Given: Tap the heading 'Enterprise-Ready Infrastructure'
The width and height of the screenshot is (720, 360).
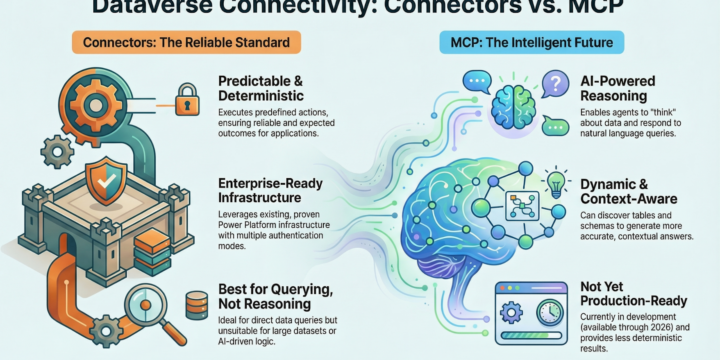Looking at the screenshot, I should click(271, 192).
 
